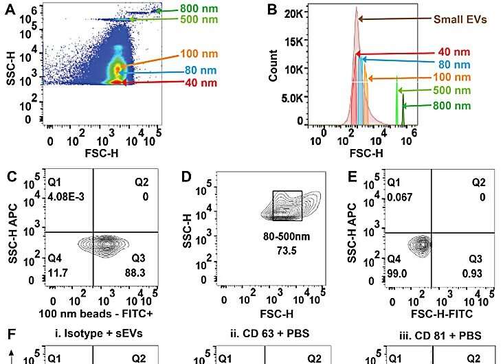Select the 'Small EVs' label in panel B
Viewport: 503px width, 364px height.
[460, 20]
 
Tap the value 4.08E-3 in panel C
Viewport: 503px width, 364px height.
[65, 199]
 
